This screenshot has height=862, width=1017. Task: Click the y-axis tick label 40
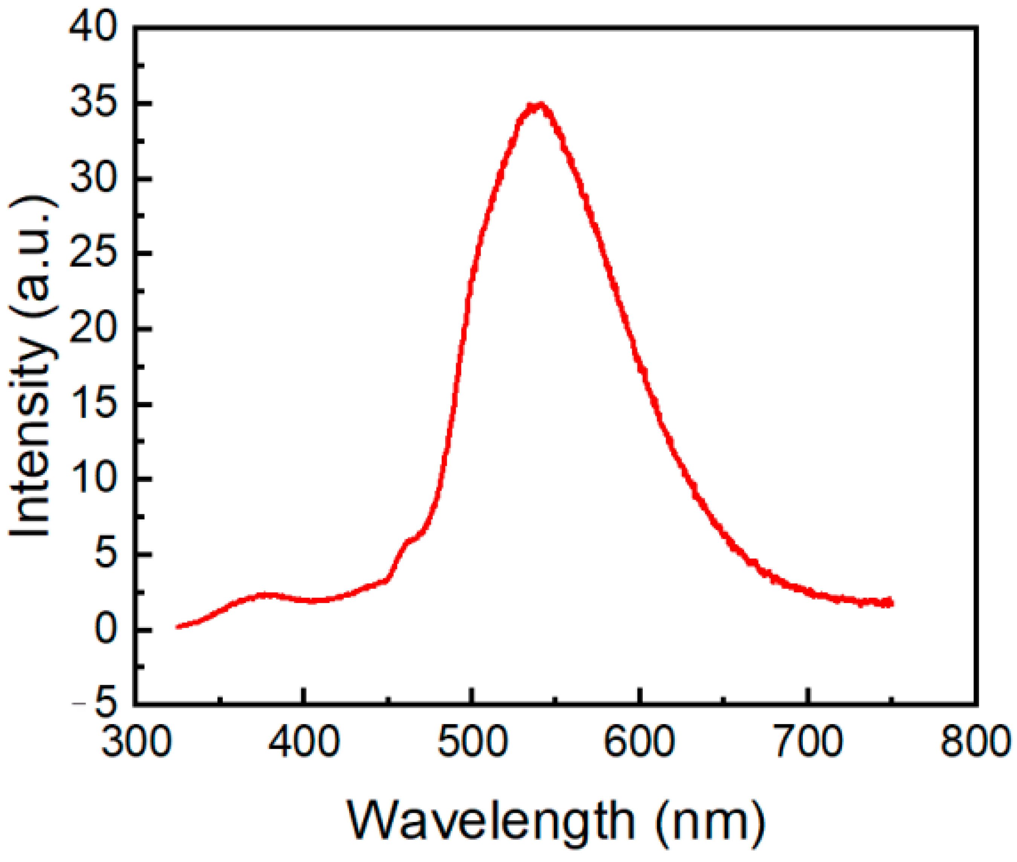pos(93,28)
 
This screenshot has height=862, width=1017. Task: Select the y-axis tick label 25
pos(93,254)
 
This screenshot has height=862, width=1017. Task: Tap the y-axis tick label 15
pos(93,404)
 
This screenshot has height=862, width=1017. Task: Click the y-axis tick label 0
pos(106,630)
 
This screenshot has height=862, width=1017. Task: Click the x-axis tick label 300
pos(135,742)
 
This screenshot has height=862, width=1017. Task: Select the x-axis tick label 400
pos(303,742)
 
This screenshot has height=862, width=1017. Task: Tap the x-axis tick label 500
pos(472,742)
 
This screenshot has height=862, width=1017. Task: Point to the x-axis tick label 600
pos(640,742)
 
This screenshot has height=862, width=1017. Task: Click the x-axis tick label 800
pos(976,742)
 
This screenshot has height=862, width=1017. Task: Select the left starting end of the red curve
pos(178,626)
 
